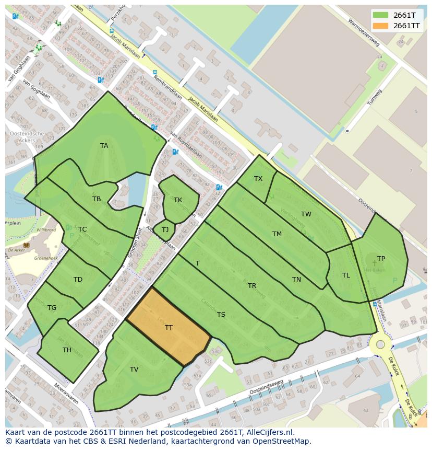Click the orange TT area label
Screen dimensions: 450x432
pyautogui.click(x=169, y=328)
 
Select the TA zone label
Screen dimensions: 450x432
pyautogui.click(x=104, y=146)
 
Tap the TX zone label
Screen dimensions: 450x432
pyautogui.click(x=258, y=179)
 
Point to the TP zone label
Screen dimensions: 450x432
pyautogui.click(x=381, y=259)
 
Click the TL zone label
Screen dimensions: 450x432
pyautogui.click(x=346, y=275)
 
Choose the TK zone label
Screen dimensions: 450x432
pyautogui.click(x=178, y=200)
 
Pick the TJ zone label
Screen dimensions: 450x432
pyautogui.click(x=165, y=230)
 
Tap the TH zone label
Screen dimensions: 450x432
pyautogui.click(x=67, y=350)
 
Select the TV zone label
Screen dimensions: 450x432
pyautogui.click(x=134, y=370)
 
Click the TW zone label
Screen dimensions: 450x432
pyautogui.click(x=306, y=214)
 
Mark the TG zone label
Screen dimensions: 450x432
pyautogui.click(x=52, y=308)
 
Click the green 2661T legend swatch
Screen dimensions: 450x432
pyautogui.click(x=381, y=15)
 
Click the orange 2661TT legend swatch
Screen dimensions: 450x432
pyautogui.click(x=381, y=26)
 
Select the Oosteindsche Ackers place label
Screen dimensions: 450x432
pyautogui.click(x=27, y=137)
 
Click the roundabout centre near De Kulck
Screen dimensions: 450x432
pyautogui.click(x=380, y=344)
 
